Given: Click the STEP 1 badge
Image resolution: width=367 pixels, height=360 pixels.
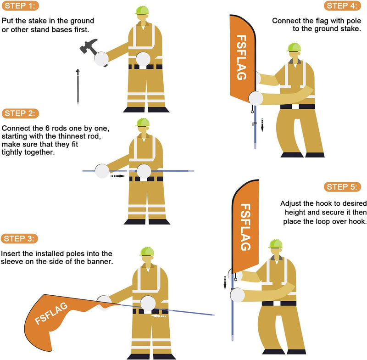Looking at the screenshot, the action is pyautogui.click(x=20, y=6).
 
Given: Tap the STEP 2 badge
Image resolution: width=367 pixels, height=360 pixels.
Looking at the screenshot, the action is pyautogui.click(x=20, y=113).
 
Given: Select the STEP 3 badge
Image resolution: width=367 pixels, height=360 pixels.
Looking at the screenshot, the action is pyautogui.click(x=19, y=239).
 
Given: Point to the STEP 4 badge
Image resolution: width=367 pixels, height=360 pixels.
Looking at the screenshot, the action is pyautogui.click(x=342, y=6).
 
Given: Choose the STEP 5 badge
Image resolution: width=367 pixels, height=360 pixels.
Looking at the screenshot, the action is pyautogui.click(x=342, y=187).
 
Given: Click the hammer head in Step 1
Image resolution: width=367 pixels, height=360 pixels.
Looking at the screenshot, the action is pyautogui.click(x=89, y=45).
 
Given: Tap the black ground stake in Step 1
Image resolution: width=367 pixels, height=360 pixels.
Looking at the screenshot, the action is pyautogui.click(x=78, y=86).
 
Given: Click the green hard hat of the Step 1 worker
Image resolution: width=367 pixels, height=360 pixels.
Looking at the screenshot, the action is pyautogui.click(x=142, y=10).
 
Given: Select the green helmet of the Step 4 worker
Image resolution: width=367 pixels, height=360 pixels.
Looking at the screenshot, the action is pyautogui.click(x=294, y=47).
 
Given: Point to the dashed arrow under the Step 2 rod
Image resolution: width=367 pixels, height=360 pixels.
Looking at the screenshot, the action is pyautogui.click(x=118, y=176).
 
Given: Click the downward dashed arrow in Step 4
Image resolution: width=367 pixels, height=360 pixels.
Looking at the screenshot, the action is pyautogui.click(x=262, y=125).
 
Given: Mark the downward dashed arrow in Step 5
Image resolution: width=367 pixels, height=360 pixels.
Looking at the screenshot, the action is pyautogui.click(x=225, y=283).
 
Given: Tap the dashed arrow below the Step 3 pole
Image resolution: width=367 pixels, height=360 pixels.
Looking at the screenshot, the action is pyautogui.click(x=158, y=316).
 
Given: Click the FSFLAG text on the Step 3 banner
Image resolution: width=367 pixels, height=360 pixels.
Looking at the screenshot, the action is pyautogui.click(x=51, y=313).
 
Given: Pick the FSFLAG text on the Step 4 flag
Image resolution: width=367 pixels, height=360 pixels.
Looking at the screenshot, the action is pyautogui.click(x=242, y=57).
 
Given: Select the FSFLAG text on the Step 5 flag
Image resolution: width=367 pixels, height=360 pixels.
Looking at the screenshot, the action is pyautogui.click(x=245, y=227).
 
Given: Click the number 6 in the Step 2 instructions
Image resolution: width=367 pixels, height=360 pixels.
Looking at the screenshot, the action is pyautogui.click(x=48, y=128).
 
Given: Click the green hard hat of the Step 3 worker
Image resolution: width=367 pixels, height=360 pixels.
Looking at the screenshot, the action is pyautogui.click(x=147, y=251).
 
